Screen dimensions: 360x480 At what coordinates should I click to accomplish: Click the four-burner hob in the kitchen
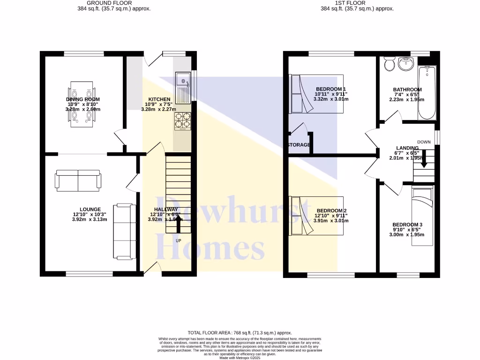pyautogui.click(x=183, y=120)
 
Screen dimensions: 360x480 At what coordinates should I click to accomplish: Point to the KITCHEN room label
pyautogui.click(x=159, y=99)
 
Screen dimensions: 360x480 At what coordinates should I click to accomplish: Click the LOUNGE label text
pyautogui.click(x=90, y=210)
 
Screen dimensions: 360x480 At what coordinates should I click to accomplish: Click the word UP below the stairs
pyautogui.click(x=178, y=241)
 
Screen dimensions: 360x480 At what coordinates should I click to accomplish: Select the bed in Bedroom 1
pyautogui.click(x=317, y=94)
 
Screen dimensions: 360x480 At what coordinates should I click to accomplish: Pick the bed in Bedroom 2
pyautogui.click(x=317, y=216)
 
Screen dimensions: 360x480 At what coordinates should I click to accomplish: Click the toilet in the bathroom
pyautogui.click(x=389, y=63)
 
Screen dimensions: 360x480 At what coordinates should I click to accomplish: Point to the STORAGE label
pyautogui.click(x=299, y=145)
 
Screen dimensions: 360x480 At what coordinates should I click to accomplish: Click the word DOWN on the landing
pyautogui.click(x=424, y=142)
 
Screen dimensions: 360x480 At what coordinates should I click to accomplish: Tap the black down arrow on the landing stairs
pyautogui.click(x=424, y=159)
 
